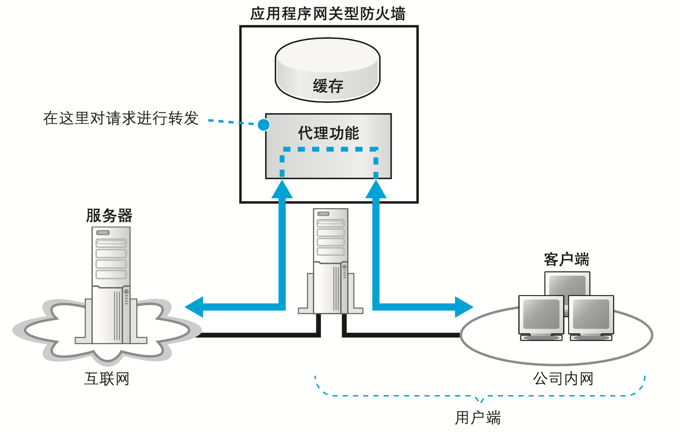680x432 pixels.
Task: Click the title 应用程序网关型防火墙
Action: [x=328, y=14]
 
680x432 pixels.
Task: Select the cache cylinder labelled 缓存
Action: [x=327, y=70]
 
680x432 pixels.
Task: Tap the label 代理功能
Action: [x=328, y=133]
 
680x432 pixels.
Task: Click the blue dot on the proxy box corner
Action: [x=264, y=125]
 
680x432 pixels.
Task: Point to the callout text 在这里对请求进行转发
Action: [x=121, y=118]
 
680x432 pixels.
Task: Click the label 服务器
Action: [x=109, y=215]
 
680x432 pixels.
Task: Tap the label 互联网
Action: [x=107, y=379]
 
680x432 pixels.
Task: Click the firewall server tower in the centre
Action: [x=330, y=260]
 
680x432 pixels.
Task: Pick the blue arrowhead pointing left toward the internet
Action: [x=194, y=307]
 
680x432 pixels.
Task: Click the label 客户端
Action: [x=566, y=259]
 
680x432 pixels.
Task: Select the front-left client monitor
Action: [x=541, y=316]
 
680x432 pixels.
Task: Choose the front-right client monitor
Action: [x=591, y=316]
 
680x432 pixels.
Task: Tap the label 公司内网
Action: [x=563, y=379]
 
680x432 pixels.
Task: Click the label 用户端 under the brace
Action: [x=478, y=418]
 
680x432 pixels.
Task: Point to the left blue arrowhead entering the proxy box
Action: [x=282, y=189]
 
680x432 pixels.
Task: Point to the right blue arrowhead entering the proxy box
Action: [x=376, y=189]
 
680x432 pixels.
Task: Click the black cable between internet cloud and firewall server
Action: [x=258, y=335]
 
